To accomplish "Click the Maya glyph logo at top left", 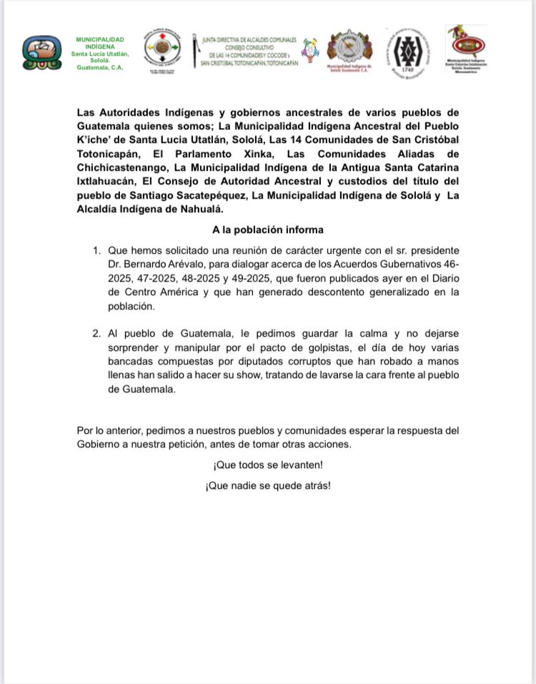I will pos(41,53).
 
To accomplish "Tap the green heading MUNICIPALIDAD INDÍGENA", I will pos(99,43).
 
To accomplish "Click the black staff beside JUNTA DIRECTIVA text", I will pos(197,51).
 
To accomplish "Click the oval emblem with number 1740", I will pos(407,51).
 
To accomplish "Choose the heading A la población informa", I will pos(267,230).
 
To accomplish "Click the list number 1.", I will pos(96,251).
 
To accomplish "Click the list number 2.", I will pos(96,334).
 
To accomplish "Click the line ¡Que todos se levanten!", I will pos(267,465).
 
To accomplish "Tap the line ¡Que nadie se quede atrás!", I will pos(267,485).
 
